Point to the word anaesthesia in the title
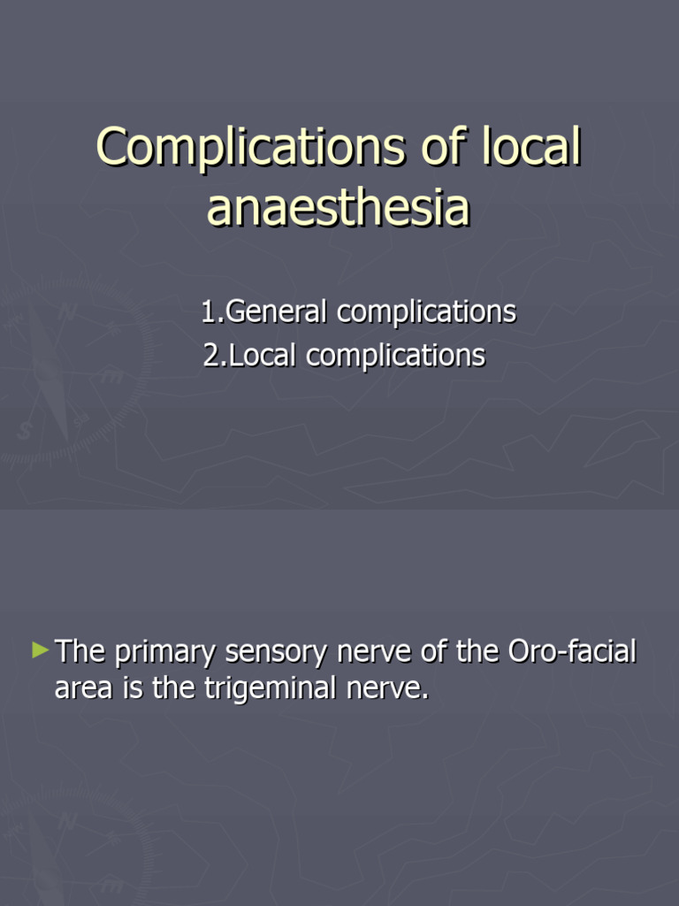pos(339,209)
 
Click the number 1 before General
pos(208,312)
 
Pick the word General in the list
pos(277,312)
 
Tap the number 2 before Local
pos(210,355)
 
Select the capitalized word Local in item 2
pos(263,355)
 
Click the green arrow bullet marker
pos(40,651)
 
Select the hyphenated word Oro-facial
pos(573,652)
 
